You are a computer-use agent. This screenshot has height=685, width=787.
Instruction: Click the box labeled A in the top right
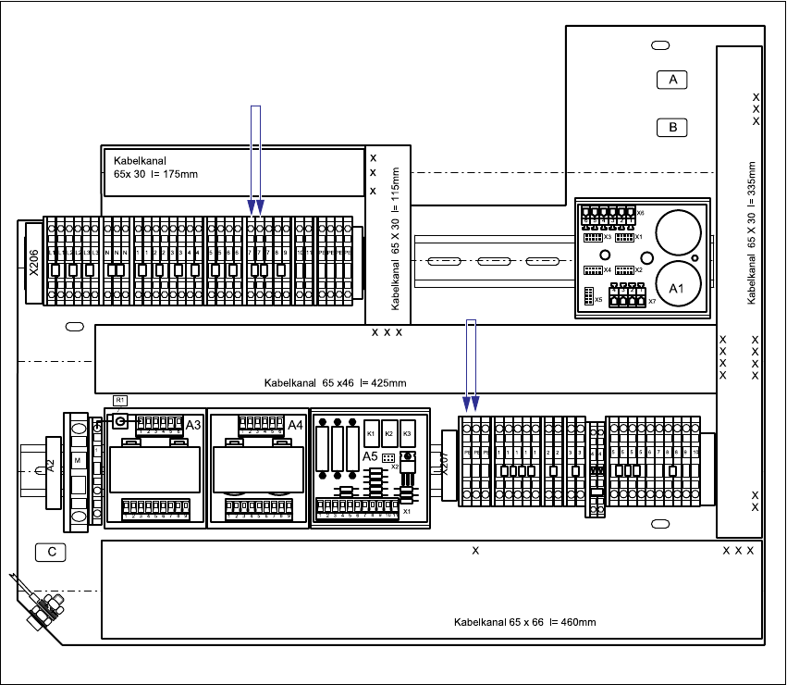coord(673,80)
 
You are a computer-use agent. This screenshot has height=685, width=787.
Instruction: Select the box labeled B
coord(673,127)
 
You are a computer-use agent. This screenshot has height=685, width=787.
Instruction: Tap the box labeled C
coord(52,553)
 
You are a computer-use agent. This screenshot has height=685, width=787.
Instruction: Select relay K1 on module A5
coord(371,434)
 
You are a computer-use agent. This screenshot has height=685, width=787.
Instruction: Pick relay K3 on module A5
coord(407,434)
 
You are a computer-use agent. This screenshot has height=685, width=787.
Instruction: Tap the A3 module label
coord(193,425)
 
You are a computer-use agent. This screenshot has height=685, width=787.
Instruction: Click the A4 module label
coord(295,425)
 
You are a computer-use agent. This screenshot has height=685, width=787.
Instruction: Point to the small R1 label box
coord(119,400)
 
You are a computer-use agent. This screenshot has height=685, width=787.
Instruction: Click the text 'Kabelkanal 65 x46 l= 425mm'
coord(335,382)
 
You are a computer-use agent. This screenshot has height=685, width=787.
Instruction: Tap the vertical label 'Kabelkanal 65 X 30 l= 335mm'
coord(752,233)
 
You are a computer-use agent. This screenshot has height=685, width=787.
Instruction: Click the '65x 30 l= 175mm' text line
coord(155,174)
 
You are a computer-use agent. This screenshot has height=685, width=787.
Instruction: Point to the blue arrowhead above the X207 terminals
coord(471,403)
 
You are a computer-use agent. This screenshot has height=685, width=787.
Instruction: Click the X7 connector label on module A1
coord(652,301)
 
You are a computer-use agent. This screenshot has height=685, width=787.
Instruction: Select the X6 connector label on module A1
coord(640,213)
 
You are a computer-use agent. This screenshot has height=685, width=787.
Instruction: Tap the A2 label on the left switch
coord(51,466)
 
